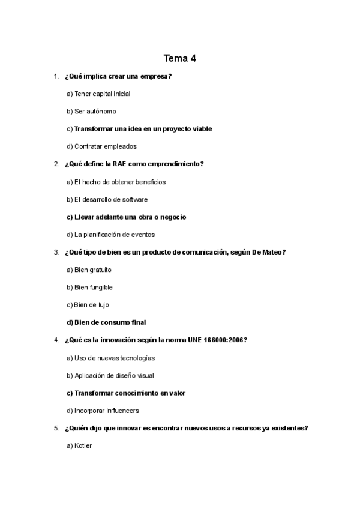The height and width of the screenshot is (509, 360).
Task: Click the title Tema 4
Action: tap(179, 58)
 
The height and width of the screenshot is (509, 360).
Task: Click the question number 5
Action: tap(56, 428)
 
